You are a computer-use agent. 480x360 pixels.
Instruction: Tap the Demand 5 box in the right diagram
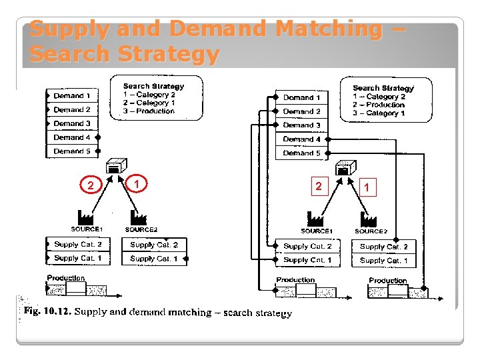point(301,153)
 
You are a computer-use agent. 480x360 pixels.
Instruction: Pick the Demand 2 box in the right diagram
point(301,111)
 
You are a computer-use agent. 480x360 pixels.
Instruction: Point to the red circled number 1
point(136,183)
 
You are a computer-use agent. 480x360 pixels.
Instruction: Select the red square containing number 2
point(319,186)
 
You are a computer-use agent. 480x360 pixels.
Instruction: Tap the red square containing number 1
point(367,188)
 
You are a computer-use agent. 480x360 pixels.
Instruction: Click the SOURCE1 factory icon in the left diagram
point(86,217)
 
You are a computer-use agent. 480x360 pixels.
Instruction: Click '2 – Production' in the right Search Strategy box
point(379,105)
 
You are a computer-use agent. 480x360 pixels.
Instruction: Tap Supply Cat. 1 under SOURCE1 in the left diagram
point(78,258)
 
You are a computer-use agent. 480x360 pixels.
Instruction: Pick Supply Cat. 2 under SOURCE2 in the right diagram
point(383,247)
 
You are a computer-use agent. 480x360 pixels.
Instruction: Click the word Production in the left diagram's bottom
point(66,278)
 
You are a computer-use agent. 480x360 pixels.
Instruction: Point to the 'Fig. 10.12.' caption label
point(47,311)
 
